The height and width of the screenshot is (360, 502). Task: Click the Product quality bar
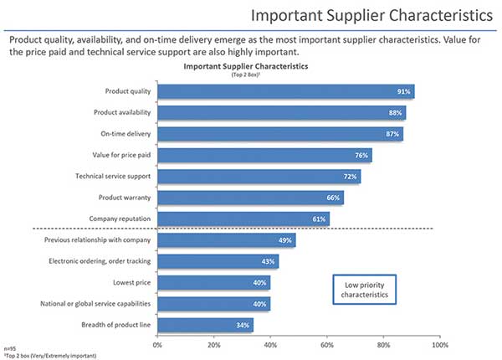tap(284, 91)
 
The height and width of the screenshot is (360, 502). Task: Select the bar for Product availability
tap(281, 113)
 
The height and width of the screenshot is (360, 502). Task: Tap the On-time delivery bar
tap(279, 134)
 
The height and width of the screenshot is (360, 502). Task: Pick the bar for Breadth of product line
tap(205, 325)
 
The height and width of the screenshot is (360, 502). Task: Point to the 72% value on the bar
tap(349, 177)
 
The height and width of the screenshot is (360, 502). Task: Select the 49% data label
tap(284, 240)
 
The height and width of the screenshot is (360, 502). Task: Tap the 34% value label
tap(241, 325)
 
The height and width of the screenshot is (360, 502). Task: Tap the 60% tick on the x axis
tap(326, 343)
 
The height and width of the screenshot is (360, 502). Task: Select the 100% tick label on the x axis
tap(438, 343)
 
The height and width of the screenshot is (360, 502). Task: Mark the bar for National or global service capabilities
tap(213, 304)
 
